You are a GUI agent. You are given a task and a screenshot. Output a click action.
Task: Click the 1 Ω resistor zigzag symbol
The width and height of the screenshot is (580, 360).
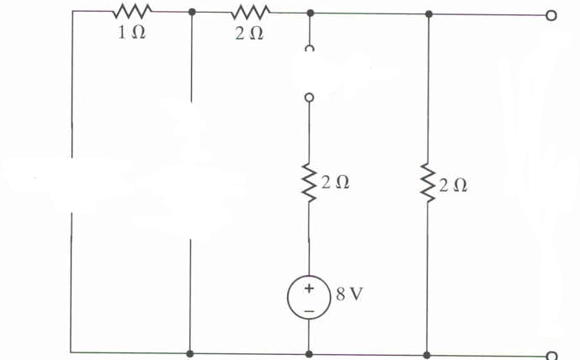point(131,11)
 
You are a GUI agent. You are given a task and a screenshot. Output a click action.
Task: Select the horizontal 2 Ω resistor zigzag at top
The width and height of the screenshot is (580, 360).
point(250,11)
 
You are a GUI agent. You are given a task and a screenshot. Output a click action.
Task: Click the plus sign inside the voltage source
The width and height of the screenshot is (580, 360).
point(309,289)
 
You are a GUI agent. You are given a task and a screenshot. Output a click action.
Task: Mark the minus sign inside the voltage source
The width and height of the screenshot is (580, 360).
point(309,310)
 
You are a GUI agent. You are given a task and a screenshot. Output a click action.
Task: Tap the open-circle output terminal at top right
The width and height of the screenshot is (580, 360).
point(551,14)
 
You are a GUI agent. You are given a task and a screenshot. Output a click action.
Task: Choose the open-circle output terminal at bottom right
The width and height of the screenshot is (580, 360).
point(551,355)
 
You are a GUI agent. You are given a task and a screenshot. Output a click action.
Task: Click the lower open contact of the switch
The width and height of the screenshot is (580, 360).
point(309,98)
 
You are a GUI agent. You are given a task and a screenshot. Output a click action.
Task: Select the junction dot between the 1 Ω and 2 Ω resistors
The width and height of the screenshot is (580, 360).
point(193,13)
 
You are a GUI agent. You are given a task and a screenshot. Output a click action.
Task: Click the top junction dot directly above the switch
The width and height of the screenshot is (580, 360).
point(310,13)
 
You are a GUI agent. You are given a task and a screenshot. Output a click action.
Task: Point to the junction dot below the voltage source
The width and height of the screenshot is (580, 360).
point(310,354)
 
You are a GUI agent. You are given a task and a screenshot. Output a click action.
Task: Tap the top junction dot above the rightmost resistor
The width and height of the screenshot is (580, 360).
point(428,13)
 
